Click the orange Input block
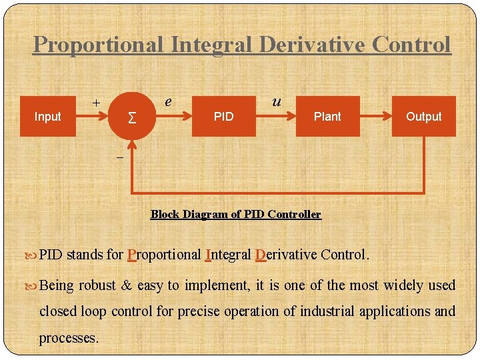(x=47, y=117)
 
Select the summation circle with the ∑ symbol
(x=133, y=117)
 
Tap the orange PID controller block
(x=223, y=117)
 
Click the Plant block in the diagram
(x=327, y=117)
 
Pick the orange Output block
(x=423, y=117)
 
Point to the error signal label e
(x=169, y=101)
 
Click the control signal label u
(x=275, y=101)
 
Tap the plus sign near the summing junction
(x=96, y=103)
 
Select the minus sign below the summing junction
(x=119, y=157)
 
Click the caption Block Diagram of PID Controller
(x=235, y=214)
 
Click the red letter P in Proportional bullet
(x=131, y=255)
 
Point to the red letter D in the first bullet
(x=260, y=255)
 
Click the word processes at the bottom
(x=69, y=338)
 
